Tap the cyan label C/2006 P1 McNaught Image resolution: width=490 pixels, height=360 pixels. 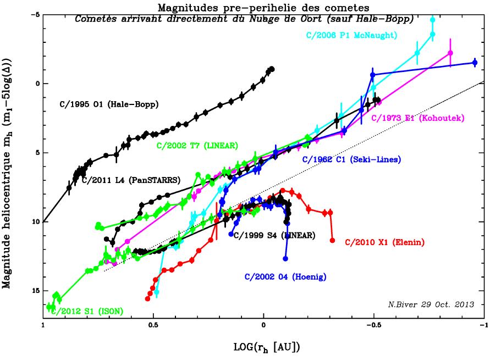tap(352, 36)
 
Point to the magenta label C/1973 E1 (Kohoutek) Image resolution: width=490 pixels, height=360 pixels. tap(419, 118)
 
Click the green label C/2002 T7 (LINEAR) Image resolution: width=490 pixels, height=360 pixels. tap(197, 146)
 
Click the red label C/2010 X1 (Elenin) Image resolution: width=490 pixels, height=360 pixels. tap(385, 241)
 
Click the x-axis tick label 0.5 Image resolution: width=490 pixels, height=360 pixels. tap(153, 324)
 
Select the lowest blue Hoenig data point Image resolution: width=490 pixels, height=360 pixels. tap(285, 258)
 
